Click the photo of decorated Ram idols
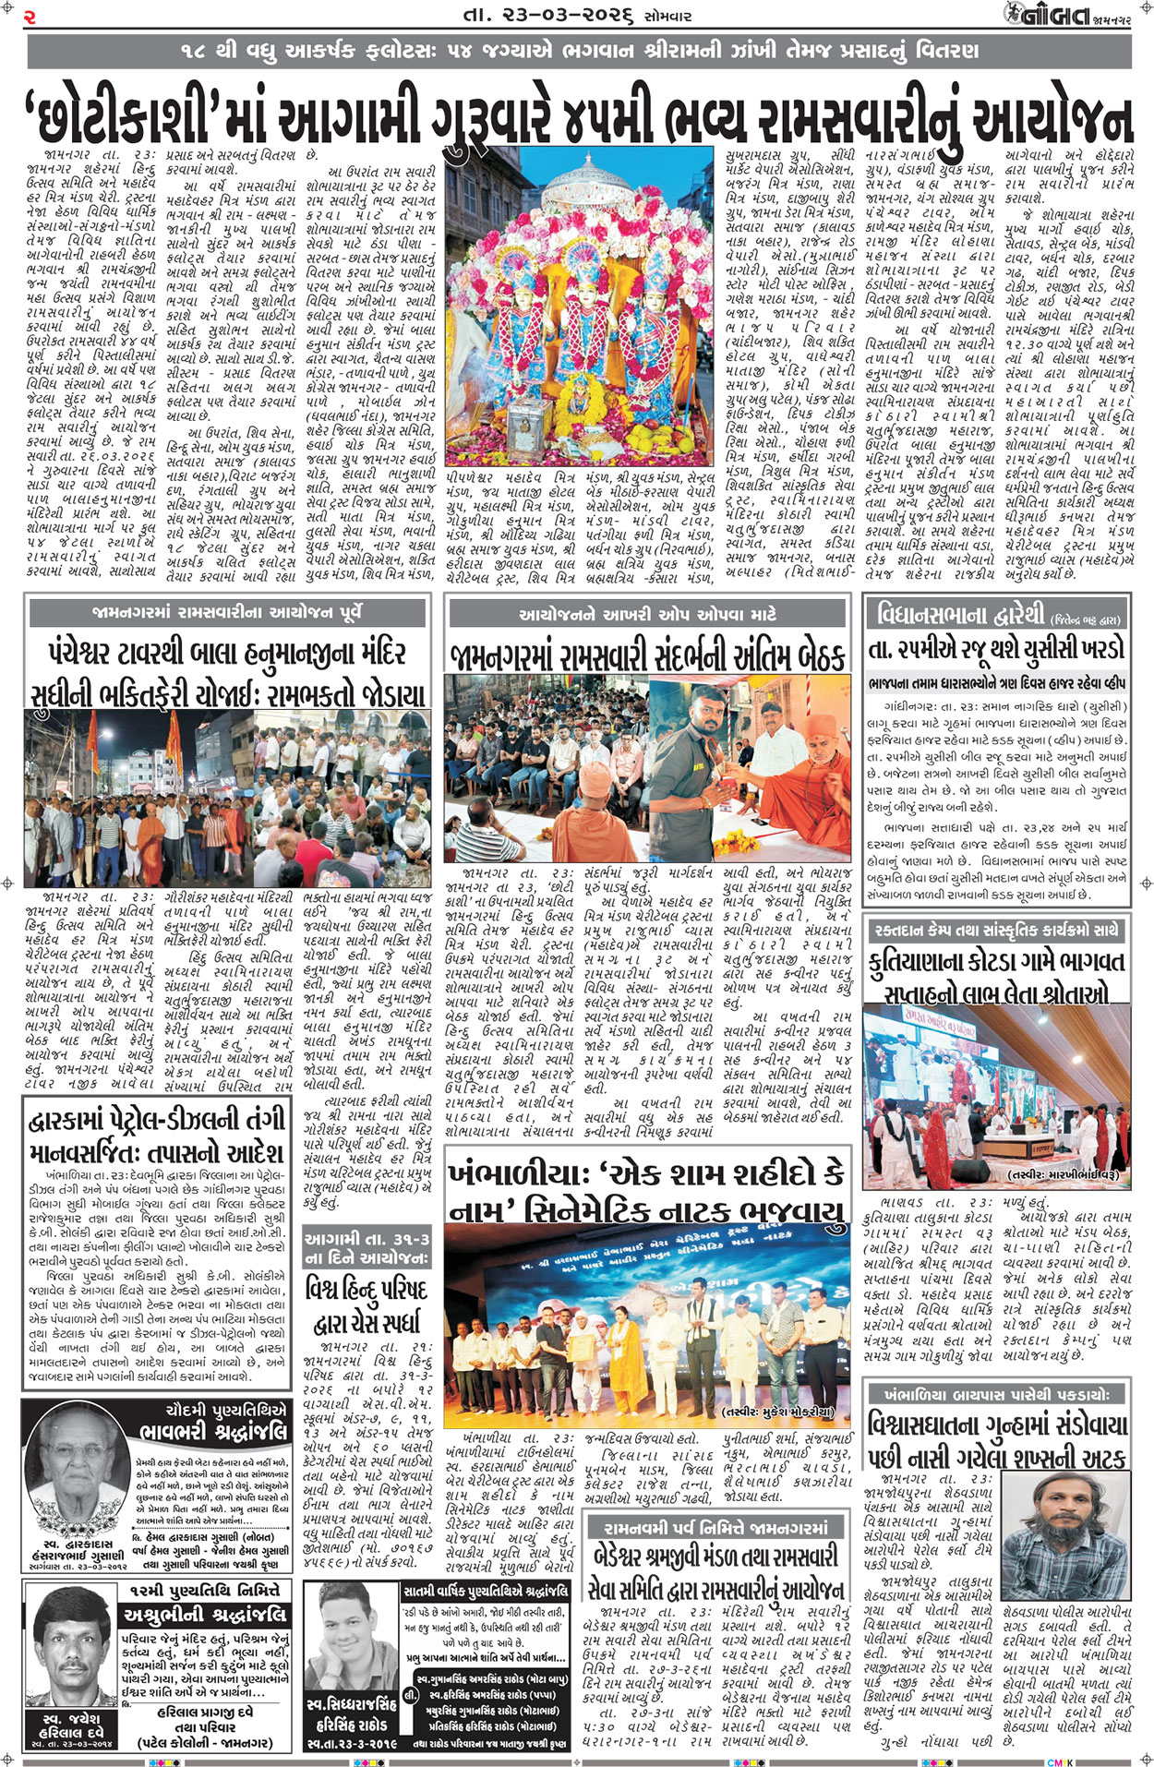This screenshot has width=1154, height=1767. (579, 305)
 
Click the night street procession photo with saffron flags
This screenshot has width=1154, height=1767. (228, 796)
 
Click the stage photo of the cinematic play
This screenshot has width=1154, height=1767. (647, 1319)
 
